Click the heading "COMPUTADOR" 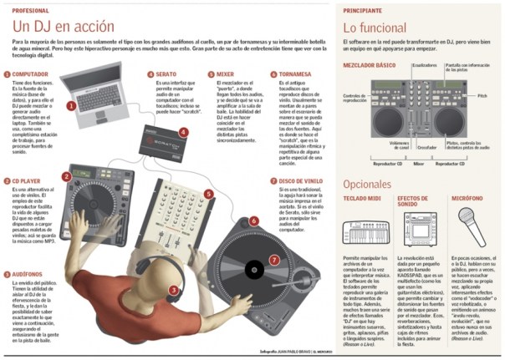point(31,74)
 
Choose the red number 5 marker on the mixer point(208,194)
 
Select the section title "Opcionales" point(369,183)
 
